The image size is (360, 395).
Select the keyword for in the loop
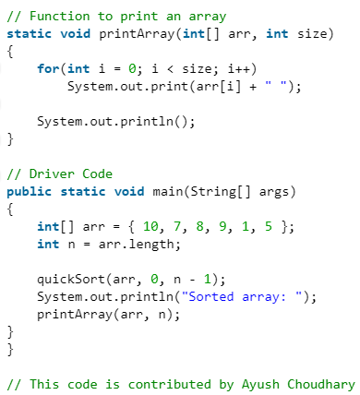point(48,69)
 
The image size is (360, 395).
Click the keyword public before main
point(29,192)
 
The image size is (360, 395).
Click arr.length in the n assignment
point(125,245)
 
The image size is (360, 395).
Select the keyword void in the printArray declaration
point(71,33)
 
